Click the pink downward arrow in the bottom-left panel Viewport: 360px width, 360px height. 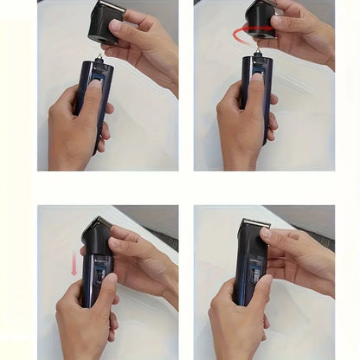(74, 267)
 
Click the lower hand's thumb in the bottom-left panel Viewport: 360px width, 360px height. (102, 290)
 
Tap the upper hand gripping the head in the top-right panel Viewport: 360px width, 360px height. (303, 35)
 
